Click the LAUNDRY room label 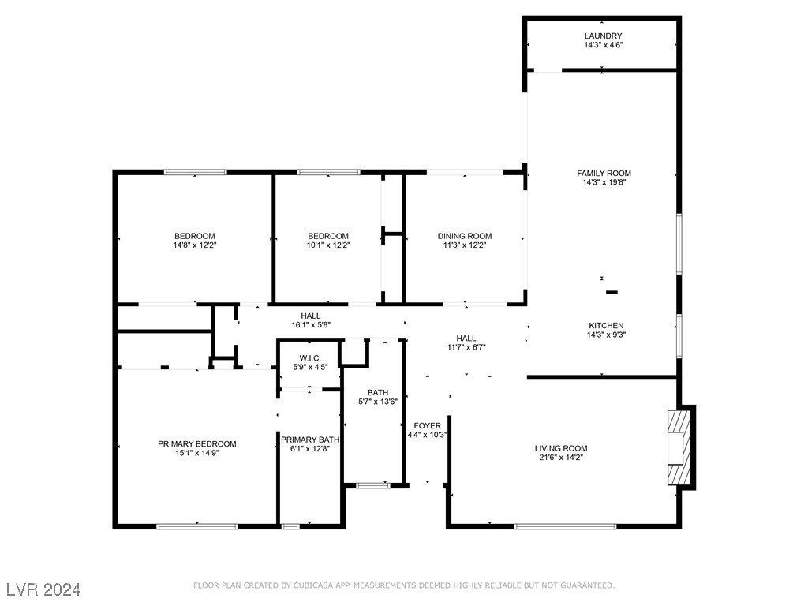coord(603,36)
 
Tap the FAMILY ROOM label coord(604,173)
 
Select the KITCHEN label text coord(606,325)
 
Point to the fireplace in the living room coord(679,447)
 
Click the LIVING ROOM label coord(561,448)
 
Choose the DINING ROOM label coord(465,236)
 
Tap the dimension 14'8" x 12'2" coord(194,245)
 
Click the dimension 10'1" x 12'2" coord(328,245)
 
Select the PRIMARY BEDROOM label coord(196,443)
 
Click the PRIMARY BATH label coord(310,440)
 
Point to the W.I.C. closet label coord(309,357)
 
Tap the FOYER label coord(428,425)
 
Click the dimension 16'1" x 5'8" coord(289,324)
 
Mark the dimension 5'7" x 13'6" coord(378,402)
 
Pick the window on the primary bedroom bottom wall coord(196,526)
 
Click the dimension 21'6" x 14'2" coord(561,458)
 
